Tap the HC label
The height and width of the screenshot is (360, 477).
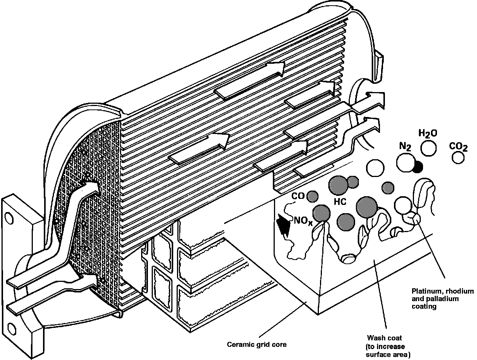coord(340,202)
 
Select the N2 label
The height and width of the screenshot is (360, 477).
coord(405,147)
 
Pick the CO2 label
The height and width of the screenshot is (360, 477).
coord(459,146)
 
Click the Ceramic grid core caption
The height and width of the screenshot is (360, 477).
coord(256,344)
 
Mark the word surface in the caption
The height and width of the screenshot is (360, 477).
coord(377,355)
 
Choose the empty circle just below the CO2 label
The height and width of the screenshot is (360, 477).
coord(458,157)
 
